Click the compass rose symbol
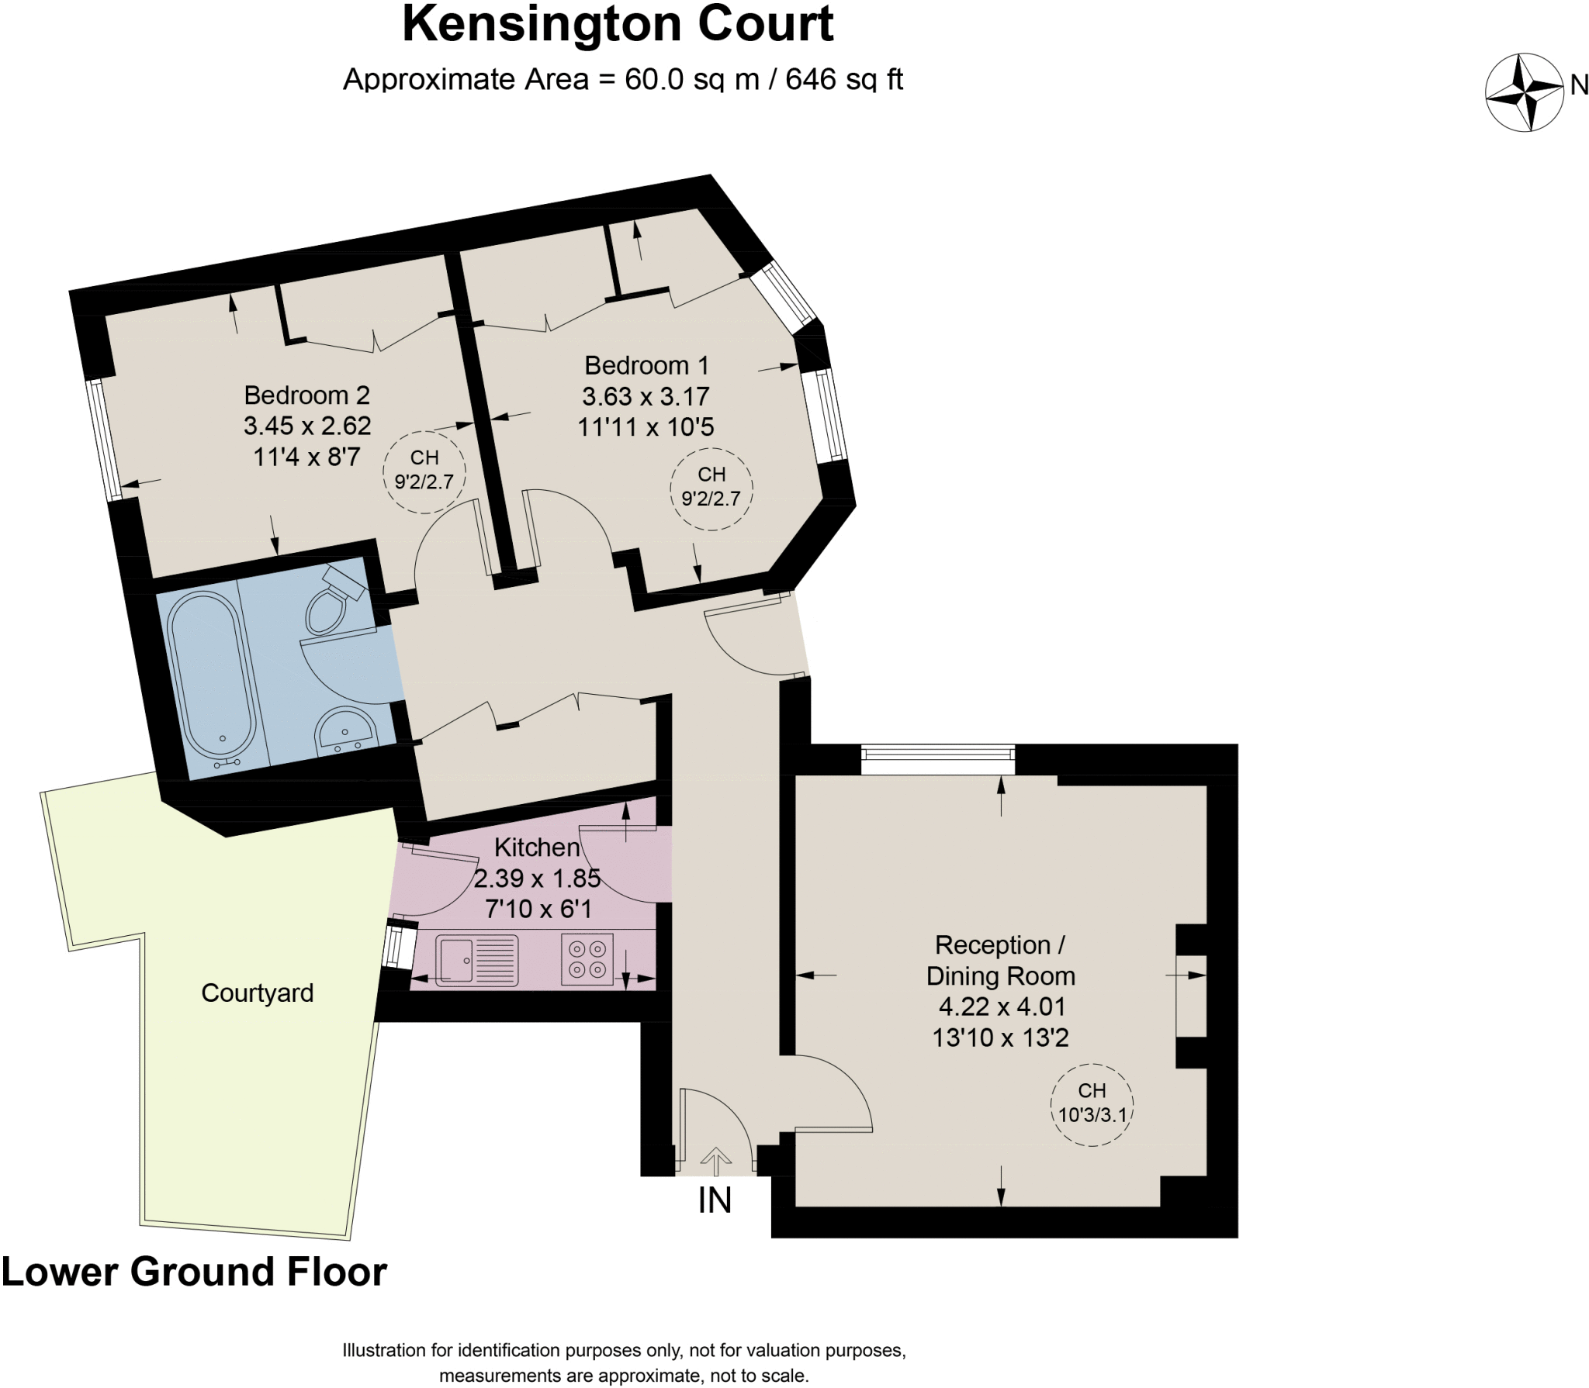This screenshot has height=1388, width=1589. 1524,92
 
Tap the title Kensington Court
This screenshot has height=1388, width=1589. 618,25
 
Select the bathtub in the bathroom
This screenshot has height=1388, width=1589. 211,675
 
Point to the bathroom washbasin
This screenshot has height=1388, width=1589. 344,730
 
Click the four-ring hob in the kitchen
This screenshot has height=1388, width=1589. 587,960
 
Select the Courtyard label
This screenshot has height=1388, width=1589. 257,993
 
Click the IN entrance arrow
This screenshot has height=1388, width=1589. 715,1162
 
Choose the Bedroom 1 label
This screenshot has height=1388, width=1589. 646,365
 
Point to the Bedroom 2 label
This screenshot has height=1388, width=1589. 306,395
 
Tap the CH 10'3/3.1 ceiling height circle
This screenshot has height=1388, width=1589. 1092,1103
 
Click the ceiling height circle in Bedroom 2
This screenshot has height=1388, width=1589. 424,471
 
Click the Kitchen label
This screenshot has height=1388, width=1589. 537,848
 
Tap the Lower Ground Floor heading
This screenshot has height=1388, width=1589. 194,1272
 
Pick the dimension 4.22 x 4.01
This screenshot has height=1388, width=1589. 1001,1006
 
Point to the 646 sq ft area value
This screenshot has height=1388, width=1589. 844,79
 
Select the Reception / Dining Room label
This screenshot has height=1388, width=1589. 1001,960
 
